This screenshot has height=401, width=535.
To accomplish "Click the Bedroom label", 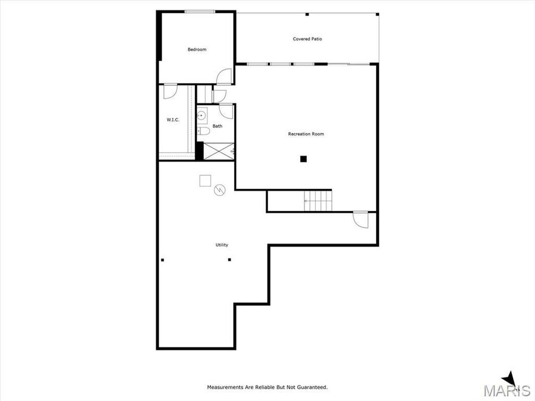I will [197, 50].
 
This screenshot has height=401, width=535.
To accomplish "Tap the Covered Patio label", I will [307, 39].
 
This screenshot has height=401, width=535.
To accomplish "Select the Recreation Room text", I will [306, 134].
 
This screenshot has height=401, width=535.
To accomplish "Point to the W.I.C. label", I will [173, 120].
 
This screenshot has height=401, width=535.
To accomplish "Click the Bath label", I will [218, 126].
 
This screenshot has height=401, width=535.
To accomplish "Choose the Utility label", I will [222, 245].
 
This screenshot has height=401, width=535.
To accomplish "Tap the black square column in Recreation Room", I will [303, 159].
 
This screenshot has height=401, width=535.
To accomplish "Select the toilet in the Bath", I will [202, 131].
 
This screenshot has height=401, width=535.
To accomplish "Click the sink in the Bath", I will [202, 115].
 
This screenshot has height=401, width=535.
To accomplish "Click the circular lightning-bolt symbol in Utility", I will [220, 191].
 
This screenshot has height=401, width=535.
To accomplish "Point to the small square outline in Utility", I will [205, 179].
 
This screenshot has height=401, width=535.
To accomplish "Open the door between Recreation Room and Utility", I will [360, 219].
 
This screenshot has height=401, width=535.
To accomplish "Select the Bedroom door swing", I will [225, 77].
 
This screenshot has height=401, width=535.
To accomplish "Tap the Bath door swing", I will [226, 110].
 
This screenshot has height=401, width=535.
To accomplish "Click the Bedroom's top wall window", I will [200, 11].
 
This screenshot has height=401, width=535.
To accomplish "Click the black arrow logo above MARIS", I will [509, 378].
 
